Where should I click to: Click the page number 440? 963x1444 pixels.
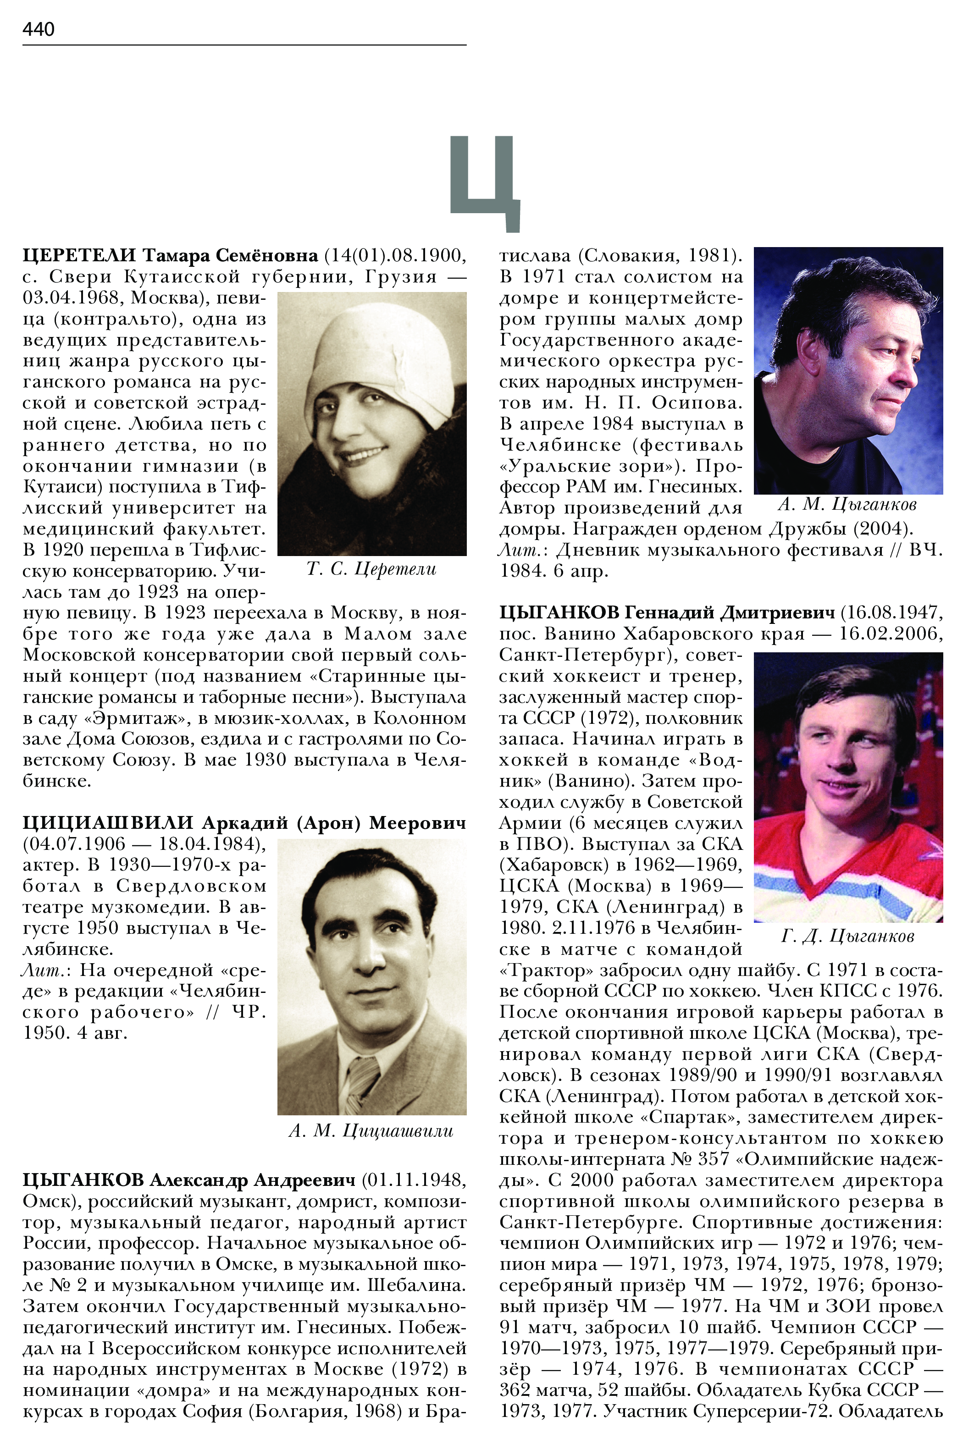[x=38, y=29]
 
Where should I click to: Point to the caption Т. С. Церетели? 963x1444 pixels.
[x=371, y=569]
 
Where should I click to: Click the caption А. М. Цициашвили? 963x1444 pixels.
[x=371, y=1131]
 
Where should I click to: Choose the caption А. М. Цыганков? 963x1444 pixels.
[x=847, y=505]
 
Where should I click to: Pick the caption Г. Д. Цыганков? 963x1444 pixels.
[x=847, y=936]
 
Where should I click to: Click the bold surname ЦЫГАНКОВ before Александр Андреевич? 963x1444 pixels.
[x=83, y=1180]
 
